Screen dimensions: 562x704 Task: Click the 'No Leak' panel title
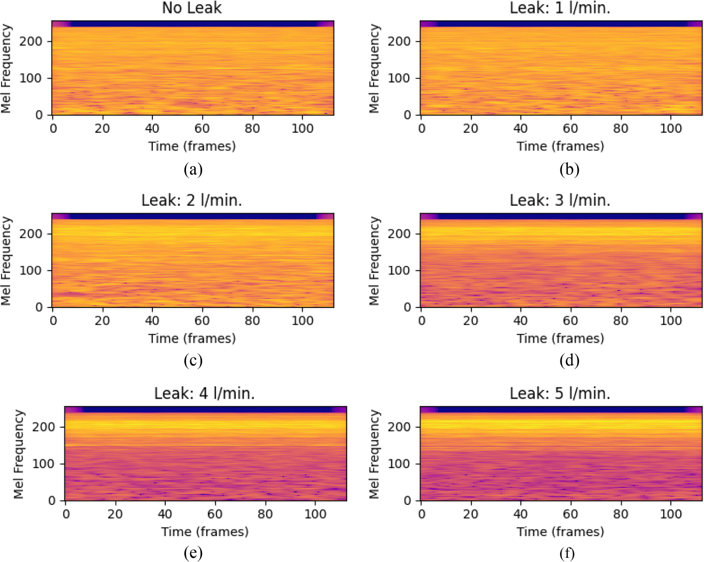pyautogui.click(x=192, y=8)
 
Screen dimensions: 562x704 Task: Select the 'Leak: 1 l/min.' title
pyautogui.click(x=560, y=8)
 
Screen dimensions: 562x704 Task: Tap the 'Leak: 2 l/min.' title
pyautogui.click(x=192, y=200)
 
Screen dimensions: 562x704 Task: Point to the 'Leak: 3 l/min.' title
pyautogui.click(x=560, y=200)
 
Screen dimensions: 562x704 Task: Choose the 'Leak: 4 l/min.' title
pyautogui.click(x=205, y=394)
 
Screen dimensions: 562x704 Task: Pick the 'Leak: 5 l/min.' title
pyautogui.click(x=560, y=394)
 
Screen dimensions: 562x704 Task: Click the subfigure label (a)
pyautogui.click(x=193, y=169)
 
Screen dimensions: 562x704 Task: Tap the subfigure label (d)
pyautogui.click(x=569, y=360)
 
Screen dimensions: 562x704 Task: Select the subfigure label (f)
pyautogui.click(x=567, y=553)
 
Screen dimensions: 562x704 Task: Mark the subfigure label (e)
pyautogui.click(x=193, y=553)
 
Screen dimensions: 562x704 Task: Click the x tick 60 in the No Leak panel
pyautogui.click(x=202, y=128)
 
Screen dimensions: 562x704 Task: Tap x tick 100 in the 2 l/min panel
pyautogui.click(x=303, y=320)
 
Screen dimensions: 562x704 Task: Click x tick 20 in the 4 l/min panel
pyautogui.click(x=115, y=514)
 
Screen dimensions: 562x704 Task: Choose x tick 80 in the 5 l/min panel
pyautogui.click(x=621, y=514)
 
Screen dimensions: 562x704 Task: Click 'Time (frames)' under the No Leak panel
pyautogui.click(x=192, y=146)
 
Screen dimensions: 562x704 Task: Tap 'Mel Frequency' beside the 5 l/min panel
pyautogui.click(x=374, y=454)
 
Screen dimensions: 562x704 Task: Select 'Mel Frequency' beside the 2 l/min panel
pyautogui.click(x=6, y=261)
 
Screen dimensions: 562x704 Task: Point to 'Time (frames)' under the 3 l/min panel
pyautogui.click(x=561, y=339)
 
